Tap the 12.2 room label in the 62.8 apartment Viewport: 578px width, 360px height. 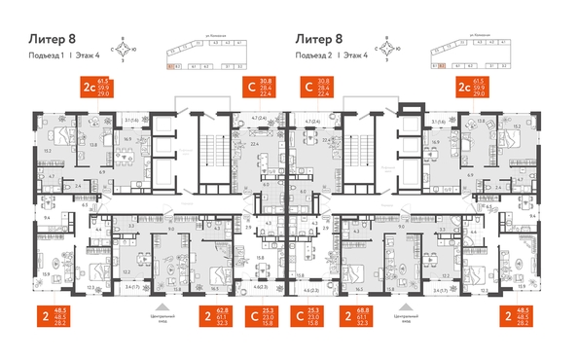pos(126,272)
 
